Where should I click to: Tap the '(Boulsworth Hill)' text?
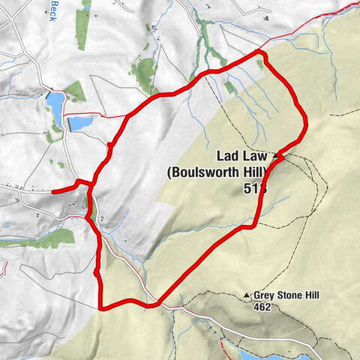[217, 172]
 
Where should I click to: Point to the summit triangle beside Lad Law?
[277, 156]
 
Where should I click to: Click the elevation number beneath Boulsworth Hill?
[253, 189]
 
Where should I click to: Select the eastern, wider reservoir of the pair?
[82, 122]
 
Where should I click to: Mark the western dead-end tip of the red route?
[54, 191]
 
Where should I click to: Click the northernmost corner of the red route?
[259, 51]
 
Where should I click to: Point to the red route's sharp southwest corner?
[100, 306]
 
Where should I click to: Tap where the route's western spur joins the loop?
[89, 182]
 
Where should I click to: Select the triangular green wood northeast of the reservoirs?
[73, 91]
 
